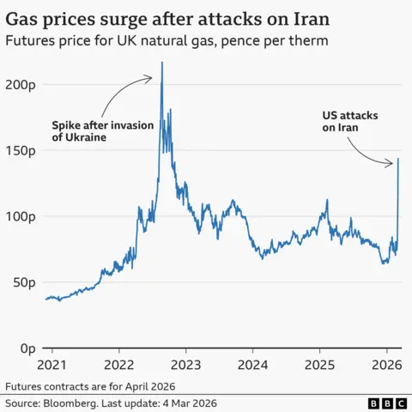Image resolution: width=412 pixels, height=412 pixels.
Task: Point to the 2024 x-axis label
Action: [x=252, y=363]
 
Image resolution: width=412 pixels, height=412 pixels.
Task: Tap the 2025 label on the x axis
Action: [x=319, y=363]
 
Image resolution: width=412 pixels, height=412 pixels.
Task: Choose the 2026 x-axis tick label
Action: [x=386, y=363]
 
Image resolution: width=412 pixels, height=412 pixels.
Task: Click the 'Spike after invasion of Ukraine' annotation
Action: [x=102, y=132]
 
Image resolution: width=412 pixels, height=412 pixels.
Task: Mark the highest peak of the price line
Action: [x=163, y=63]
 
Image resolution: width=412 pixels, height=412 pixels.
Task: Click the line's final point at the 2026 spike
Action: [x=398, y=159]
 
